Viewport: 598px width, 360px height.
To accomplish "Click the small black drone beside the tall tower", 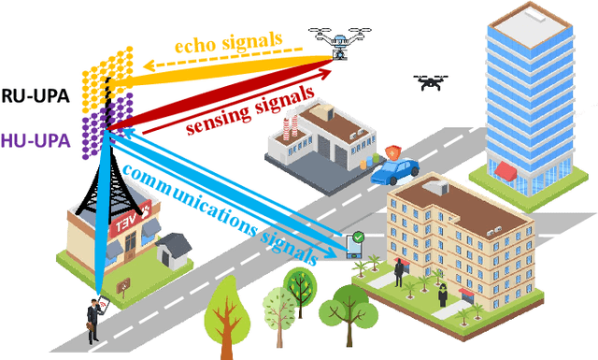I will pyautogui.click(x=432, y=84).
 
